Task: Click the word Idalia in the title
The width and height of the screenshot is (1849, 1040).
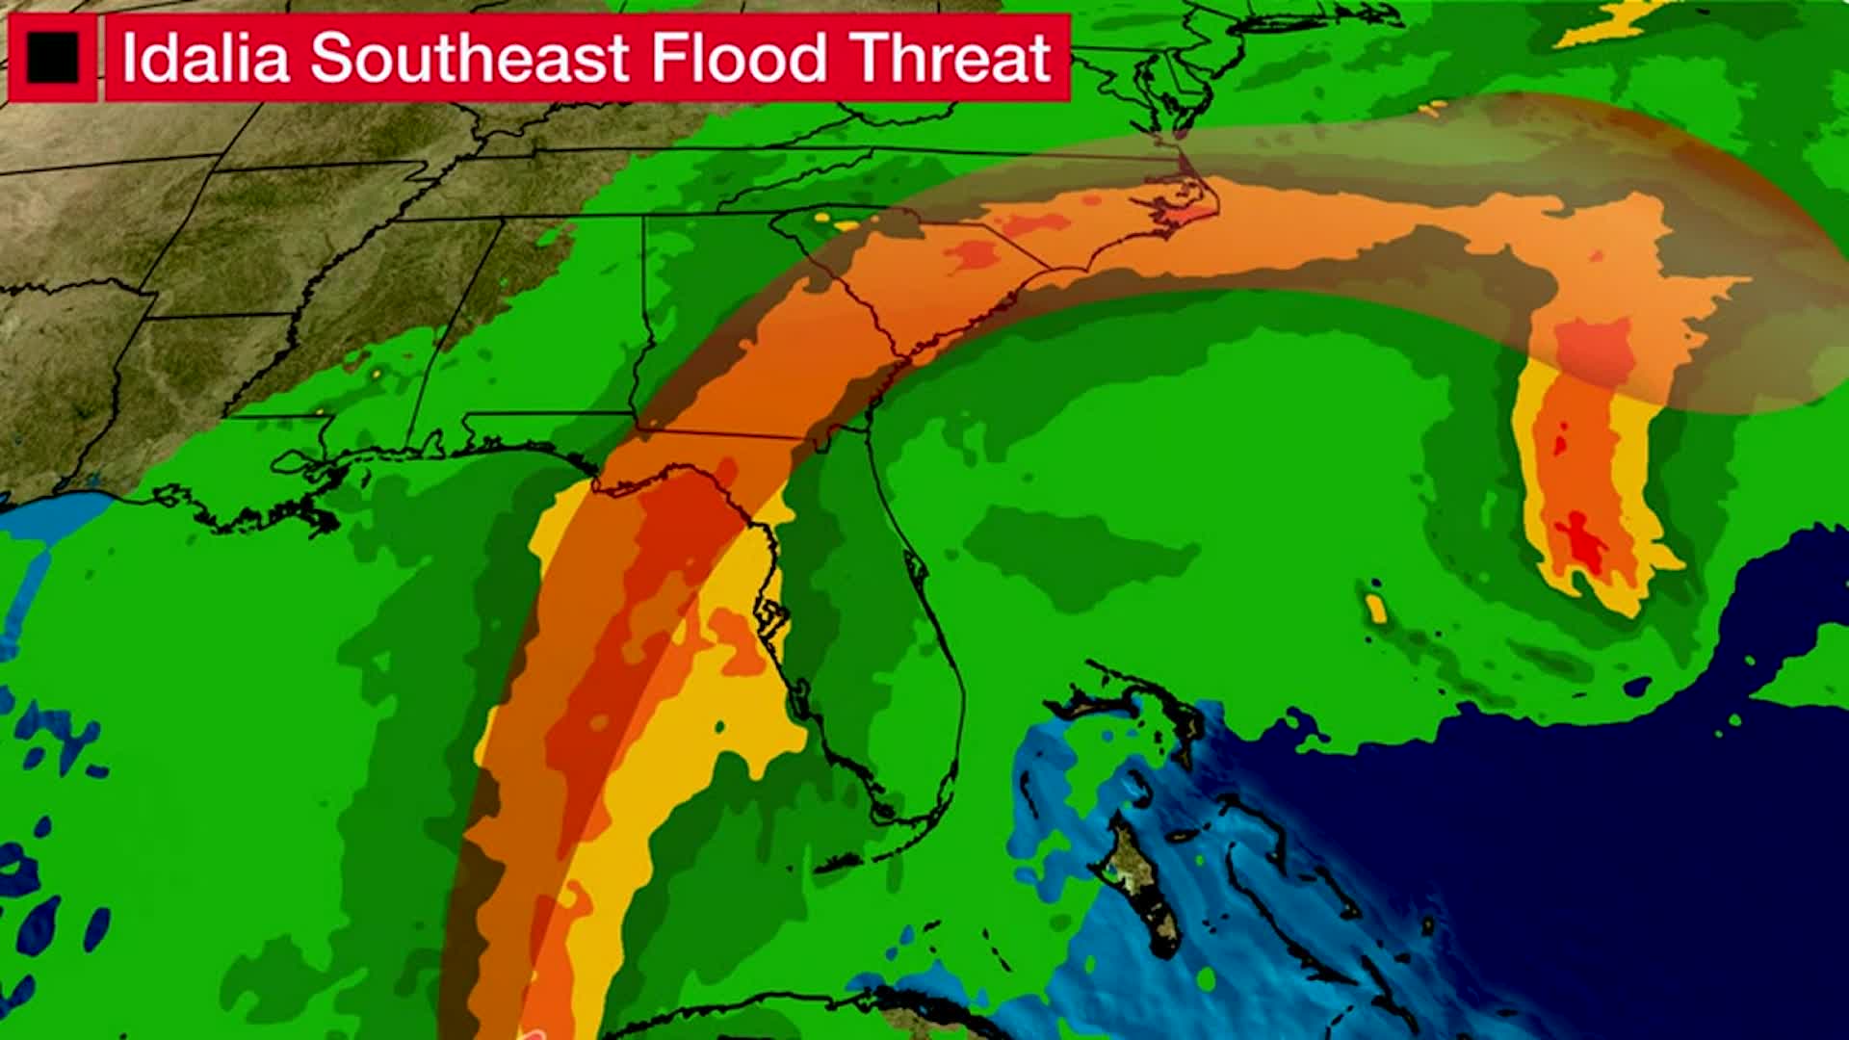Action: pos(205,58)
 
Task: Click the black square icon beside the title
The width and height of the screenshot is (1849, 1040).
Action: pos(52,58)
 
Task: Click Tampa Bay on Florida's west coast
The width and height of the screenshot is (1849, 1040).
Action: pos(770,616)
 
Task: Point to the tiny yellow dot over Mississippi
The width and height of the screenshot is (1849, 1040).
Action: pos(376,372)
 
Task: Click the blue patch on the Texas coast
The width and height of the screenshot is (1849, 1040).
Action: pos(53,525)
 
